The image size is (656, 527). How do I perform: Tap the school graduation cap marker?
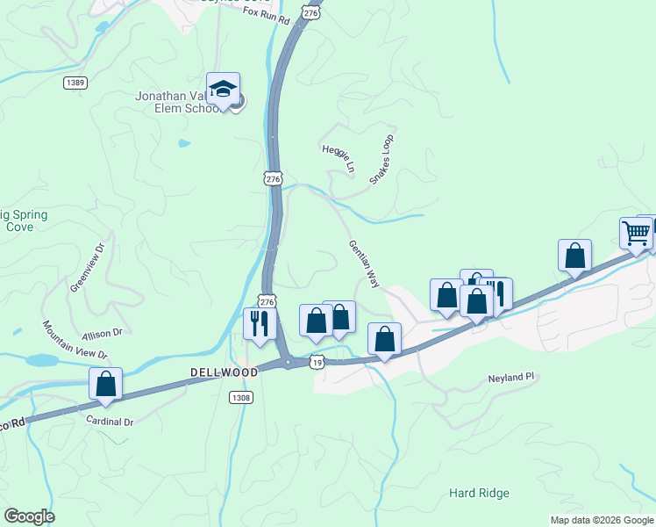[224, 90]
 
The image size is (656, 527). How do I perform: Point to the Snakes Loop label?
[381, 159]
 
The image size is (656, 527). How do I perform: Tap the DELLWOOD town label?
[224, 372]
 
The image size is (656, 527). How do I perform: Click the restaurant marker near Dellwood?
[260, 323]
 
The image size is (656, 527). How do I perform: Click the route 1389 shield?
[75, 83]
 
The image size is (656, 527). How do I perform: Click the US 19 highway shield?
[317, 361]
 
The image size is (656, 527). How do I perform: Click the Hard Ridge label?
[479, 493]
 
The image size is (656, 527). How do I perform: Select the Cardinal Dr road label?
[110, 422]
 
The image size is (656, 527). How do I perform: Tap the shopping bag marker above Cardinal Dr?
[105, 384]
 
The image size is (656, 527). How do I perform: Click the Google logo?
[29, 516]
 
